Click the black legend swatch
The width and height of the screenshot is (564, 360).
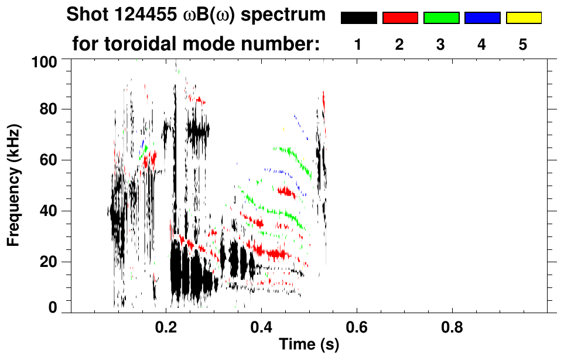(x=359, y=18)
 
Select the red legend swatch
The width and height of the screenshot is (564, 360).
(x=400, y=18)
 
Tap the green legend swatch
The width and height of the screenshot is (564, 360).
(x=441, y=18)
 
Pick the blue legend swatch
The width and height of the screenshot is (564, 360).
(x=482, y=18)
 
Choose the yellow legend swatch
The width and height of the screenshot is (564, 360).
(x=523, y=18)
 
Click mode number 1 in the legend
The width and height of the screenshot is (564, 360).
(x=358, y=44)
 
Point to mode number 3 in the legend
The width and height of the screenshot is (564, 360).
(x=440, y=44)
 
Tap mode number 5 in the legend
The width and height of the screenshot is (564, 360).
(x=523, y=44)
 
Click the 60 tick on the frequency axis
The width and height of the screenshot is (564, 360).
(x=47, y=160)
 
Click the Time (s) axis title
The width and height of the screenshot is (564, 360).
(x=309, y=345)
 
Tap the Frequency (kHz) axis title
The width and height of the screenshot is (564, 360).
(x=14, y=185)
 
